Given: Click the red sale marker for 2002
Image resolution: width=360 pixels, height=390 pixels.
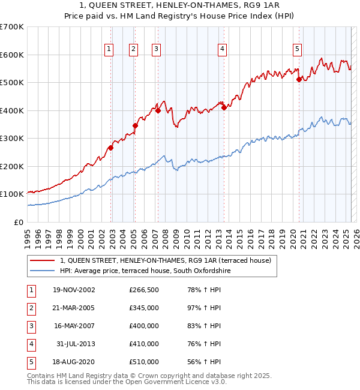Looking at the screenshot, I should point(111,148).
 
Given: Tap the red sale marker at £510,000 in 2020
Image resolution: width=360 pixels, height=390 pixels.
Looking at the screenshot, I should point(299,80).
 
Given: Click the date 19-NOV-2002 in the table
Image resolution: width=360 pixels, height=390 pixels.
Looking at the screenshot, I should point(74,290).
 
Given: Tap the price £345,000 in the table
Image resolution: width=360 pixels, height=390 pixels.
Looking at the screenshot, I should point(144,308).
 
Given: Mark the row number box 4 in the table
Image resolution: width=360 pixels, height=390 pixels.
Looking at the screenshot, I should point(31,344).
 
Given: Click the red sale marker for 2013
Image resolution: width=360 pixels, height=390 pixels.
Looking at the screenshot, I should point(224,107).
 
